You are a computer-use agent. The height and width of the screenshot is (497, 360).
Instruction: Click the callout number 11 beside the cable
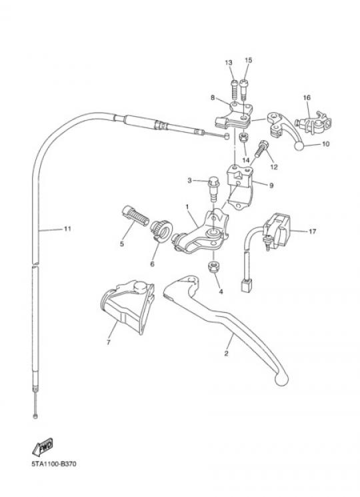[67, 229]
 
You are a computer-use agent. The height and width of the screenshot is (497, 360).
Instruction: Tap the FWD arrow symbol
[43, 447]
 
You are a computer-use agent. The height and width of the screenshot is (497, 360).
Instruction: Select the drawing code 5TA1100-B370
[54, 464]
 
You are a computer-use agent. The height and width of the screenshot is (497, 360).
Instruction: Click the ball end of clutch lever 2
[281, 379]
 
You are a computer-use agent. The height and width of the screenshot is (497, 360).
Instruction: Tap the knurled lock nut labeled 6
[161, 231]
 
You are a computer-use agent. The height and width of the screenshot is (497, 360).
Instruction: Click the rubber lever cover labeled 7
[127, 306]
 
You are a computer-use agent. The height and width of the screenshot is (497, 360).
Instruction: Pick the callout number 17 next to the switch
[312, 231]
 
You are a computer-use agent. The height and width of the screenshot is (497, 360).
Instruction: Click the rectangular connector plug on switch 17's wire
[246, 285]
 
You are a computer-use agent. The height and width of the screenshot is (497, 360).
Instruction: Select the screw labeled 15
[243, 89]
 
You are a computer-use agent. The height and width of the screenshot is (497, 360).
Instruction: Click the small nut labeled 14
[243, 137]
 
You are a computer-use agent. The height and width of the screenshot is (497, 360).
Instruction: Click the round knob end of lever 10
[299, 146]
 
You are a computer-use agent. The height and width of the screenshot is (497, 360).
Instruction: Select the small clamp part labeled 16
[313, 122]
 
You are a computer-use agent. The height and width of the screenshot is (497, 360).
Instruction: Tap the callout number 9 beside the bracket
[271, 185]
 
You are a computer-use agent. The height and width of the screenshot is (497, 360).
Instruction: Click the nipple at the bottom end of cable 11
[35, 416]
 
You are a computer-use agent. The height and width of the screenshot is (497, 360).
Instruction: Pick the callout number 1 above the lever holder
[187, 207]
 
